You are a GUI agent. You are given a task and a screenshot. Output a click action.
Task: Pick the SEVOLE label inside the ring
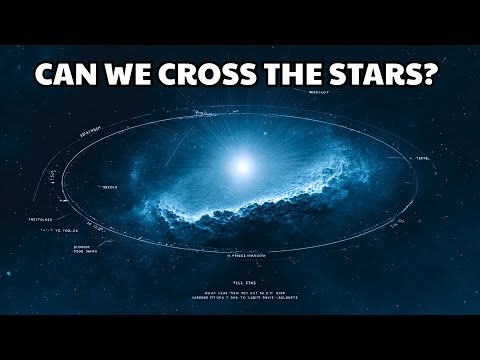tap(110, 186)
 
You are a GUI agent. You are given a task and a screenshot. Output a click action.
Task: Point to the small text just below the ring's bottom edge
tap(244, 257)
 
